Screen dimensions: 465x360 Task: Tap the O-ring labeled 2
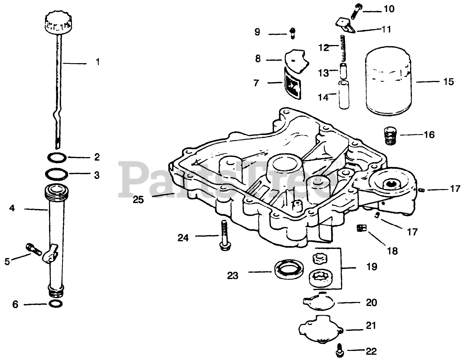[x=57, y=157]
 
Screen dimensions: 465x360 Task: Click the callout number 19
[x=372, y=267]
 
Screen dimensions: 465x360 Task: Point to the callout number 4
[x=12, y=209]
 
